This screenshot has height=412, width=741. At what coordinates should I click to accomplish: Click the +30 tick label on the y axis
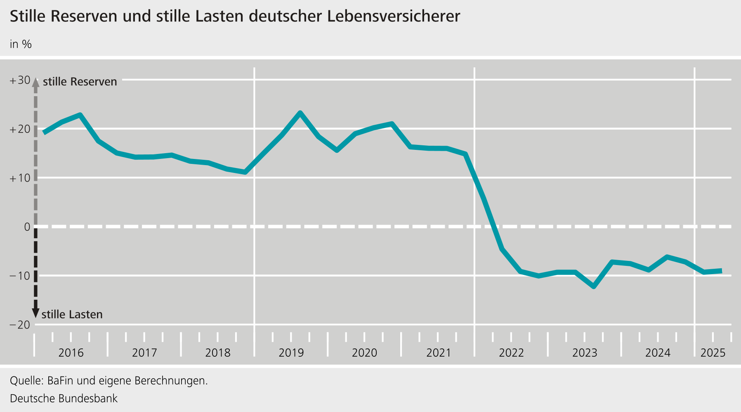coord(20,81)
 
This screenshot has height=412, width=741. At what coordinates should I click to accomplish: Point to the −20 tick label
coord(20,325)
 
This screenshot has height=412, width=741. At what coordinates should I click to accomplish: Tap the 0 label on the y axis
coord(27,227)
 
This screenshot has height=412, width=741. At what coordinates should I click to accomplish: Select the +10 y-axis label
coord(20,178)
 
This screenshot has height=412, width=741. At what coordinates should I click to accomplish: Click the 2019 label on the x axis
coord(291,353)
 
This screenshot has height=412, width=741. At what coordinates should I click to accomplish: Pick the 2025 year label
coord(713,353)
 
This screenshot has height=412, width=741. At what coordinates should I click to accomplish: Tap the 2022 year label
coord(511,353)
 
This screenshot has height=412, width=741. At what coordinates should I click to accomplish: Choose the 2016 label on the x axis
coord(71,353)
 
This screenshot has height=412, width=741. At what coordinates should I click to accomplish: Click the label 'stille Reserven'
coord(80,82)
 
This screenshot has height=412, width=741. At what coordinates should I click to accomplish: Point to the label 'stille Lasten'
coord(72,315)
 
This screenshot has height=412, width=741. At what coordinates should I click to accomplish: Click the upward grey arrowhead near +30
coord(35,82)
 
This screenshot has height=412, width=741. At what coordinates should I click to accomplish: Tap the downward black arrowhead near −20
coord(35,313)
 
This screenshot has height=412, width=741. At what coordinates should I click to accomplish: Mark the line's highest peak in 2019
coord(300,113)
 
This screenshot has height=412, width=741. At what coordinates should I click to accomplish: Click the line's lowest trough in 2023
coord(594,287)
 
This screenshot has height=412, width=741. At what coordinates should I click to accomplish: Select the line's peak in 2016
coord(80,115)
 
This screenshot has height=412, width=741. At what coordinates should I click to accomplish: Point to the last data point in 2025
coord(721,271)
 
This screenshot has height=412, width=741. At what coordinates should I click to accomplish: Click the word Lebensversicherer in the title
coord(394,17)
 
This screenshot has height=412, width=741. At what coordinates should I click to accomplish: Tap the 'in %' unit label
coord(21,44)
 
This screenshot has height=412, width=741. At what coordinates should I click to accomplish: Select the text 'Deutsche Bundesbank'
coord(64,399)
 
